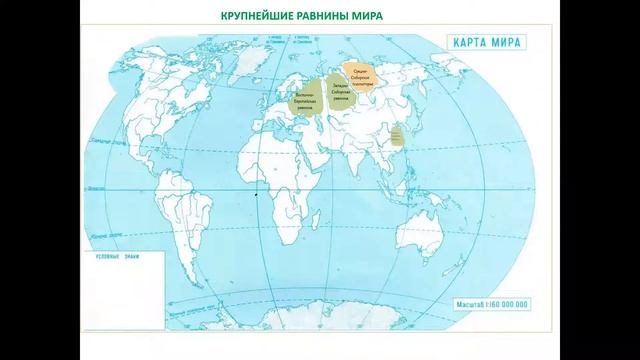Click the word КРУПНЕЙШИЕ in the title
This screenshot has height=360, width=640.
coord(254,16)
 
